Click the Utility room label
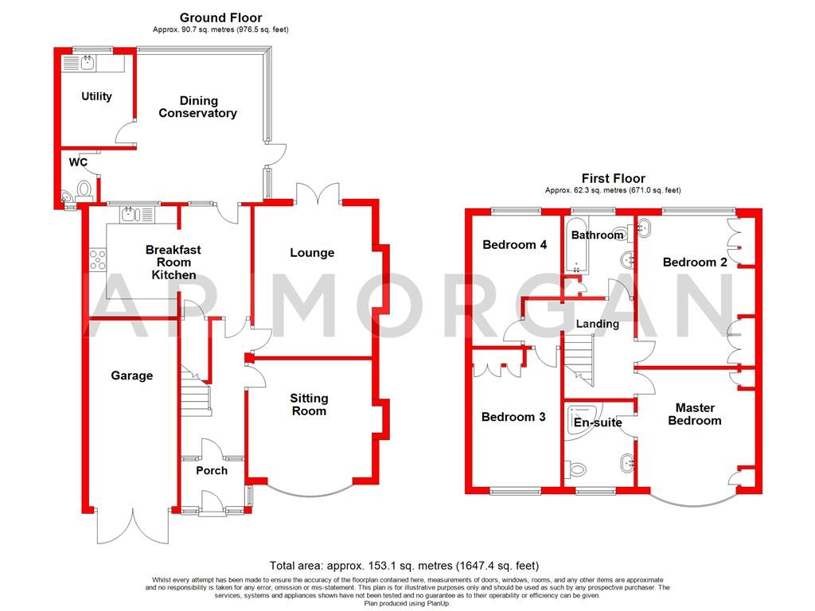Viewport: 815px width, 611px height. [96, 96]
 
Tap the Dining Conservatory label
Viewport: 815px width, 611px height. [197, 107]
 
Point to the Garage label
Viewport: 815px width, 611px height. [132, 376]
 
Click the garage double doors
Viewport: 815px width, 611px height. [133, 526]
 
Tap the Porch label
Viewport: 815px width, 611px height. [212, 471]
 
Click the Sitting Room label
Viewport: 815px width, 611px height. [309, 405]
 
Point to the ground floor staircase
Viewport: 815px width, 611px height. [196, 391]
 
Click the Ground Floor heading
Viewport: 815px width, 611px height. [221, 18]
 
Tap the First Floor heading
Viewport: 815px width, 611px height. [614, 179]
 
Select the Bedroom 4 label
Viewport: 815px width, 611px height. [515, 245]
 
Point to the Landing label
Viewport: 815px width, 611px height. [598, 325]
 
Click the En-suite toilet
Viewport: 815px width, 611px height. [575, 469]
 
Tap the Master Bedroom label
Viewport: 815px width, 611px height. [695, 414]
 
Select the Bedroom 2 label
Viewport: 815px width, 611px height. [695, 263]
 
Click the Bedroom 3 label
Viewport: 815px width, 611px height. [513, 417]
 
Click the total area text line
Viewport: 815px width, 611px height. [404, 566]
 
